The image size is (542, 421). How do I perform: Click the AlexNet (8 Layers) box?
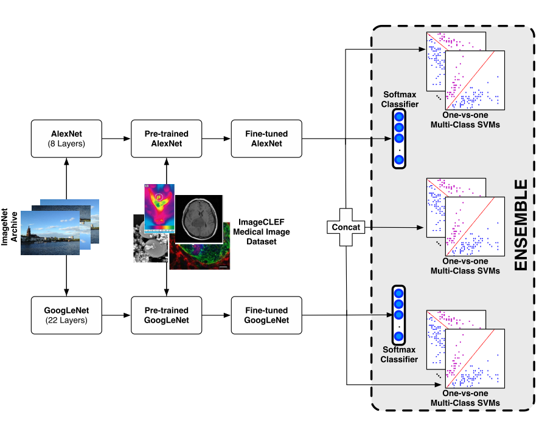66,139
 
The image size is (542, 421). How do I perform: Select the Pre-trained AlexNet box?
167,139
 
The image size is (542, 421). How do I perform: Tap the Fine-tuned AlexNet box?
266,139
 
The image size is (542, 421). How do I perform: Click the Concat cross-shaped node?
346,227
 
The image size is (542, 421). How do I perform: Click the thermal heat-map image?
159,208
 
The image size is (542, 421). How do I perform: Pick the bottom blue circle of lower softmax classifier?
399,336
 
